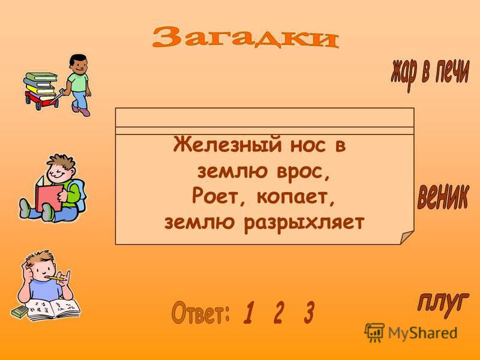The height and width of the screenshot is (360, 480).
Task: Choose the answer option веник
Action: pyautogui.click(x=442, y=197)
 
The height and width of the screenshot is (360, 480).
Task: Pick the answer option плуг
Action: pyautogui.click(x=441, y=301)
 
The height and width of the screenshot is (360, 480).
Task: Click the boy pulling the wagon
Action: pyautogui.click(x=79, y=83)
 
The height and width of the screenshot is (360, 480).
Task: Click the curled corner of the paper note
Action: pyautogui.click(x=406, y=236)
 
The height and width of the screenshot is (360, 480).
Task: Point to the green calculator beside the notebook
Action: pyautogui.click(x=20, y=313)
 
